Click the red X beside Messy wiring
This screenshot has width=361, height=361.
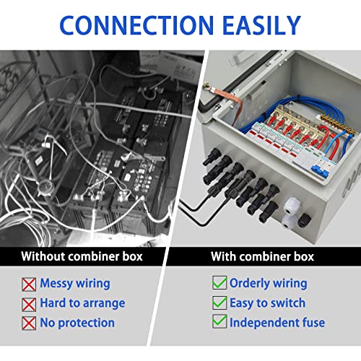pos(29,284)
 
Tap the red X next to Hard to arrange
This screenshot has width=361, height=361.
pos(29,303)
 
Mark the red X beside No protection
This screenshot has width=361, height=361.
pos(29,323)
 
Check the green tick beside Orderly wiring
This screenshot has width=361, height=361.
pos(219,283)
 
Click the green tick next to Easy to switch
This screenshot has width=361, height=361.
pos(219,303)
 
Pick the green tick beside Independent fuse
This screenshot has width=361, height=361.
pos(219,322)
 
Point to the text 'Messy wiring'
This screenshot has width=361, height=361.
pos(75,284)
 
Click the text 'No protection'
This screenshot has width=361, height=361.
pos(77,323)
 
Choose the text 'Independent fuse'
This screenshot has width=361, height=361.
pos(277,323)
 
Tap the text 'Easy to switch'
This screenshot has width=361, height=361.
pos(267,303)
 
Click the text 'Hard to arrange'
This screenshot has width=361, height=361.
pos(82,303)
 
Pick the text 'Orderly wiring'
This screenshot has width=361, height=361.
pos(268,283)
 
